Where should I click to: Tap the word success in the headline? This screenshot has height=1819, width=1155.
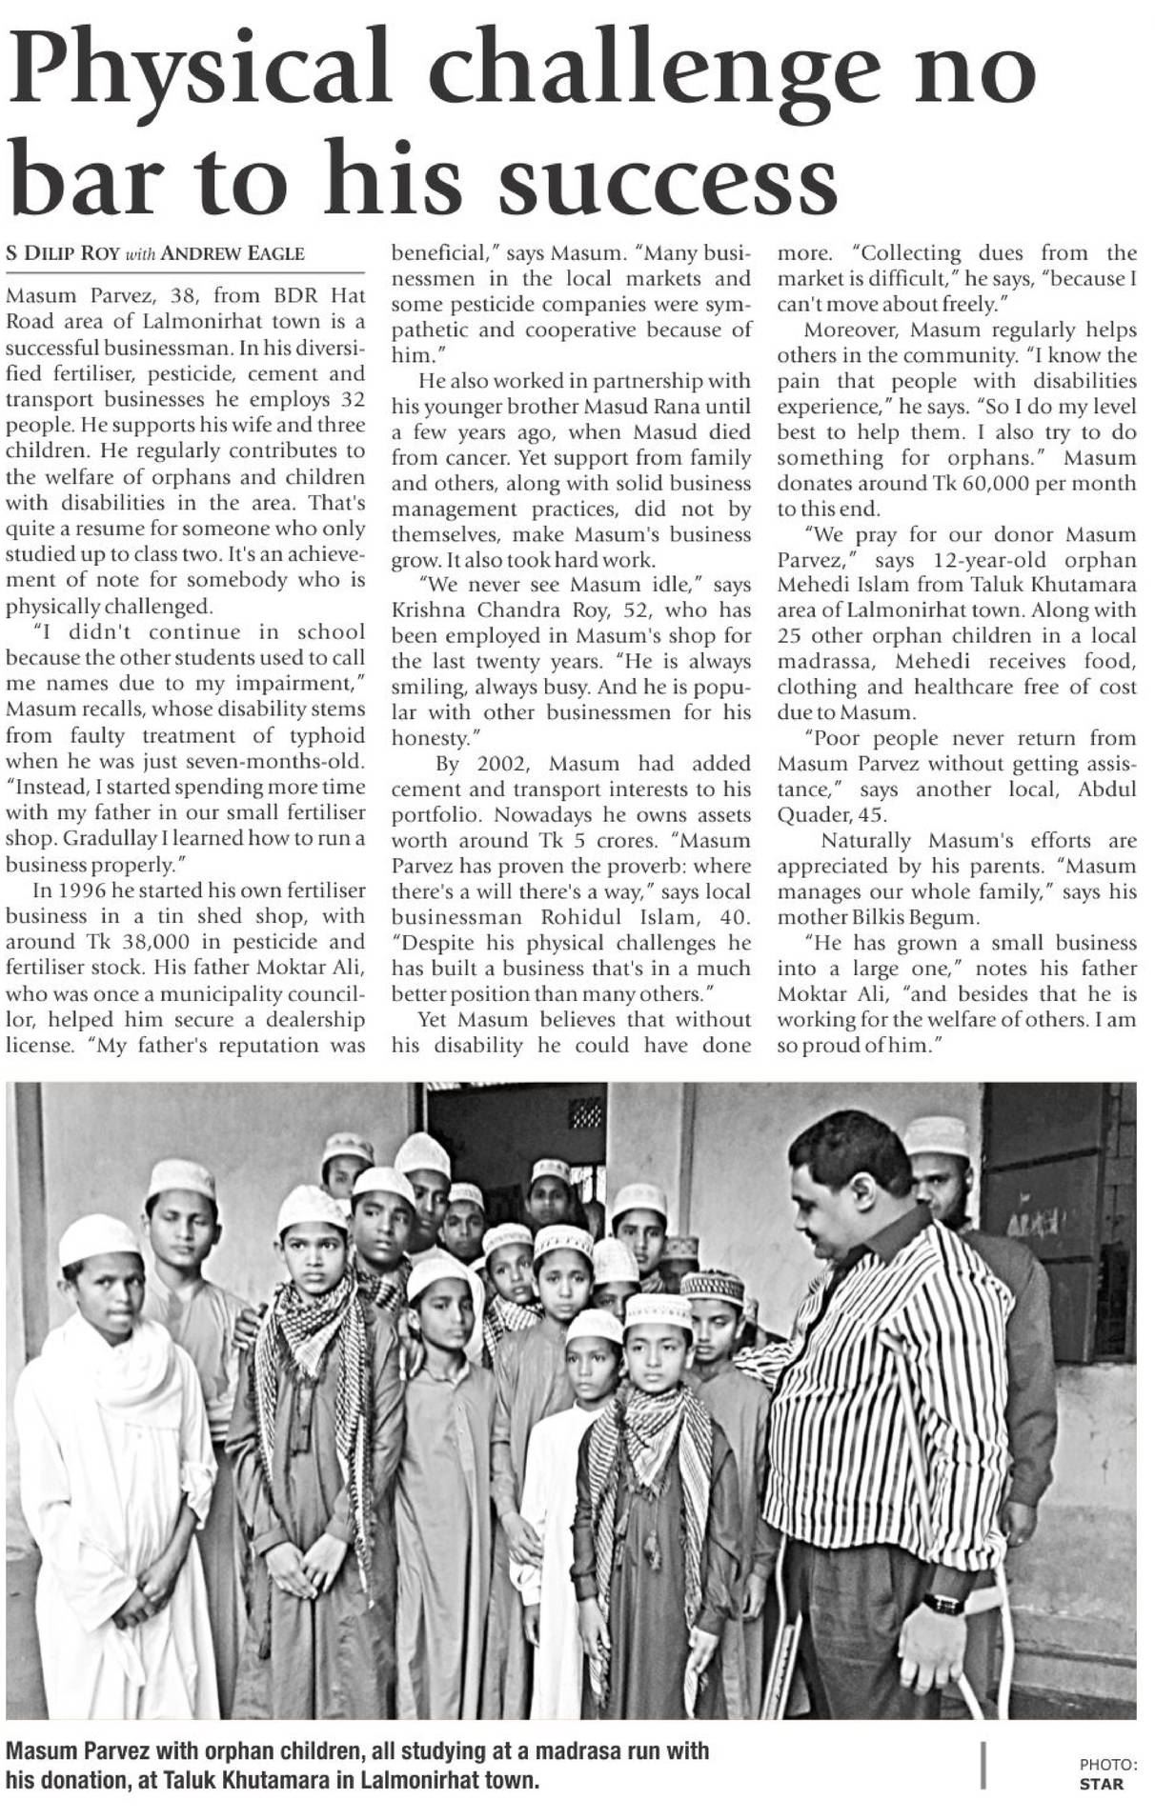[x=667, y=181]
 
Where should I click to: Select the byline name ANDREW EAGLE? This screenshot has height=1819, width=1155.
[x=233, y=253]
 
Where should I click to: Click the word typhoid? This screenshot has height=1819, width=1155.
[x=329, y=735]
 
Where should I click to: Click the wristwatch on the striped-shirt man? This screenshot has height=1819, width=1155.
[x=942, y=1604]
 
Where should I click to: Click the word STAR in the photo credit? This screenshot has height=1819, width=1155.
[x=1101, y=1785]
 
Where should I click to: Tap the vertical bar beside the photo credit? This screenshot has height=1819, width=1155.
[x=983, y=1765]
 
